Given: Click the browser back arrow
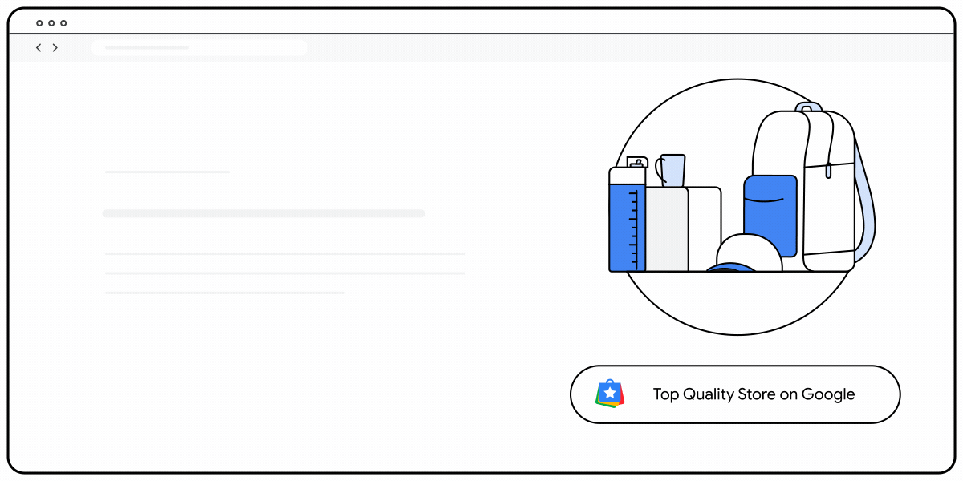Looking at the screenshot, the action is click(39, 47).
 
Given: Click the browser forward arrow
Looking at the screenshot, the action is click(55, 47).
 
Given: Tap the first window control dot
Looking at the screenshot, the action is click(39, 23).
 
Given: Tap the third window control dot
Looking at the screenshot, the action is click(63, 23).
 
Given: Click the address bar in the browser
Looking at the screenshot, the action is click(199, 47).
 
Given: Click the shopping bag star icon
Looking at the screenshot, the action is click(610, 394).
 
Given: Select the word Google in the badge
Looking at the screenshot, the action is click(828, 394).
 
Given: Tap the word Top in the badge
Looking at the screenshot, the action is click(666, 395).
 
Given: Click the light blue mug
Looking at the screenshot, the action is click(672, 171).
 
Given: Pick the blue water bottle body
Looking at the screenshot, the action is click(628, 228).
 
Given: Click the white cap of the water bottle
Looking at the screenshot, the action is click(628, 176).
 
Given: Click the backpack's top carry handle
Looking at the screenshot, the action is click(808, 107).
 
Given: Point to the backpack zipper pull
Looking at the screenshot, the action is click(828, 171).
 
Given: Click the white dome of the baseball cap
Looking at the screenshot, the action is click(749, 251).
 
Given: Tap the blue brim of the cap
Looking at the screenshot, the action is click(730, 267).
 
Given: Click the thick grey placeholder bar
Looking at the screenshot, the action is click(263, 213).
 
